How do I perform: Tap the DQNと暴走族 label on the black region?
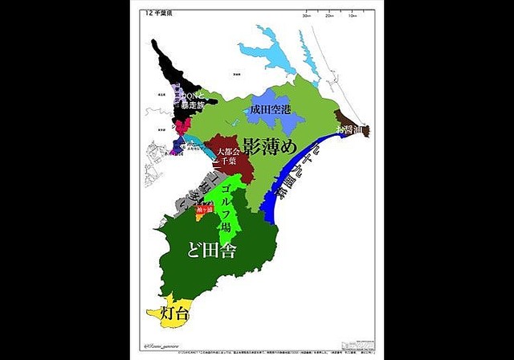coord(190,98)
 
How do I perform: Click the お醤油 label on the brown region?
coord(351,129)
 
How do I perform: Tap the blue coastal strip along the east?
coord(281,201)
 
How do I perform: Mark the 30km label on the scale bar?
coord(306,14)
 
